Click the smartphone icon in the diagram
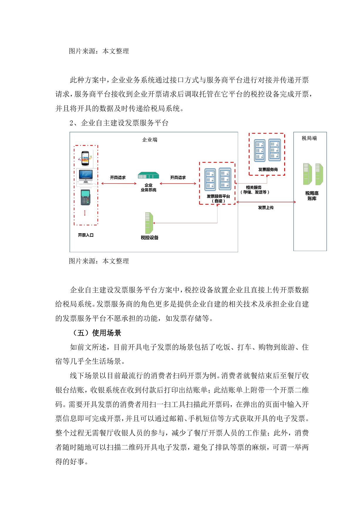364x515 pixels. pos(85,158)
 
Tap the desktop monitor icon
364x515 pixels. pos(86,177)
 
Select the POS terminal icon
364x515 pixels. pos(85,197)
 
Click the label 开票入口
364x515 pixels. pos(86,235)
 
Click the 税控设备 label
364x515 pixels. pos(149,238)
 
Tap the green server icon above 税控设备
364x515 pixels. pos(149,223)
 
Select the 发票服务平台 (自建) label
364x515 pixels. pos(218,198)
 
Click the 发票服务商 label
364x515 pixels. pos(268,169)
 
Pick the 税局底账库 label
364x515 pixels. pos(312,196)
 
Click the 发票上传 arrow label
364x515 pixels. pos(266,208)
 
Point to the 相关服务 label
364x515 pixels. pos(254,190)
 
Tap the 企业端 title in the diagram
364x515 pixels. pos(150,140)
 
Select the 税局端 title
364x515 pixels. pos(309,138)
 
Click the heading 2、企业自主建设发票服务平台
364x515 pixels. pos(119,123)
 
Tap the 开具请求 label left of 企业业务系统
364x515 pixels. pos(118,178)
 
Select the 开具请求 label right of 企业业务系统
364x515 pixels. pos(178,178)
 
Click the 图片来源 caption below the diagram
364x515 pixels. pos(99,261)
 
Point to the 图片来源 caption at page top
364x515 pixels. pos(99,51)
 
